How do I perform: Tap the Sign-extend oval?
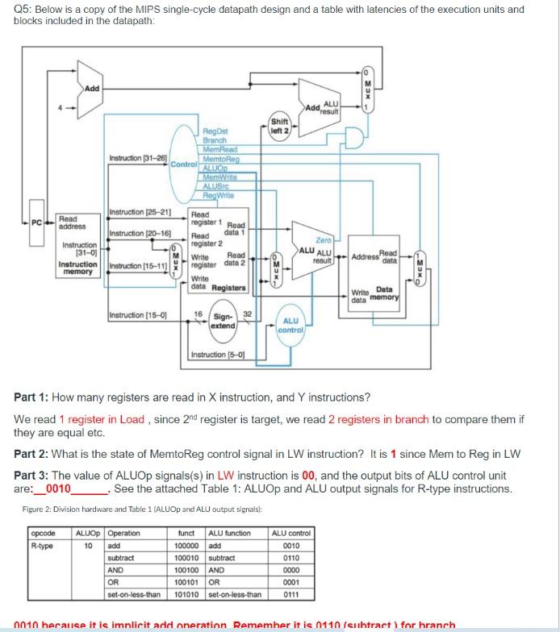pyautogui.click(x=223, y=321)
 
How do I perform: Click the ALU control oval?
pyautogui.click(x=291, y=326)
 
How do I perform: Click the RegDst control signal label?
pyautogui.click(x=215, y=129)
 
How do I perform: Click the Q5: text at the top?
pyautogui.click(x=25, y=10)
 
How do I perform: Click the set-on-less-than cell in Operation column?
pyautogui.click(x=133, y=596)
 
